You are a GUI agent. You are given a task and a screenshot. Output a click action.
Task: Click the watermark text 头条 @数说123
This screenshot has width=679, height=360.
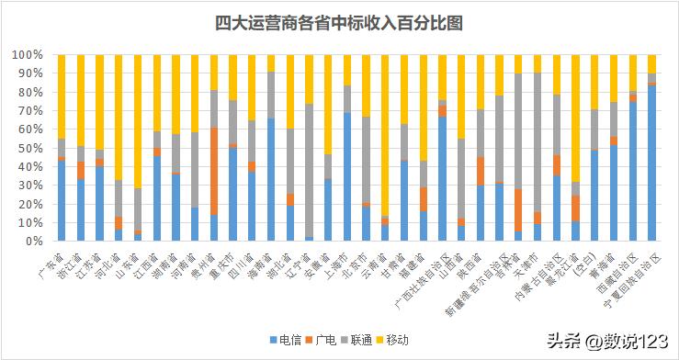click(x=610, y=341)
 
